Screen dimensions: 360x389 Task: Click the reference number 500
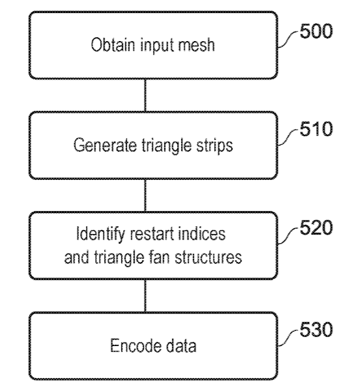(x=316, y=31)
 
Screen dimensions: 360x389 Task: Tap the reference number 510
(x=316, y=129)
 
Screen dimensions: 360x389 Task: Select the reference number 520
(x=316, y=227)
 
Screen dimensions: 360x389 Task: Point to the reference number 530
(x=316, y=329)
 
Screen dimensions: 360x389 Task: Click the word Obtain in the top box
(x=113, y=45)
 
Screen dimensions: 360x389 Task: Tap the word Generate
(x=105, y=145)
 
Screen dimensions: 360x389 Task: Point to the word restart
(x=152, y=234)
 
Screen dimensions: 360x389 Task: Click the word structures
(x=208, y=257)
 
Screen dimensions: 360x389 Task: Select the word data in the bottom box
(x=181, y=345)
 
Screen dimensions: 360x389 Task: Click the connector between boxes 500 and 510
(x=145, y=96)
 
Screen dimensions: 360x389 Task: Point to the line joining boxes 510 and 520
(x=145, y=195)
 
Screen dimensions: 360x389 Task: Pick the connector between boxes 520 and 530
(x=145, y=296)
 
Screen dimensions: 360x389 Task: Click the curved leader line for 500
(x=288, y=39)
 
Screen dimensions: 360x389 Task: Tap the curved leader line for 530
(x=288, y=338)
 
